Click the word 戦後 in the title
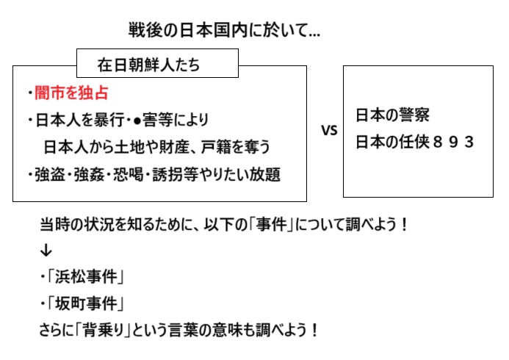point(140,30)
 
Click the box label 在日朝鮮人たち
point(148,64)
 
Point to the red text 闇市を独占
point(71,93)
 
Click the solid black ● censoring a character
point(137,120)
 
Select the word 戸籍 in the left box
point(215,147)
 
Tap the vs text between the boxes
point(330,131)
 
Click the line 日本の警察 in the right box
point(392,115)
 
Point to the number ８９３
point(453,143)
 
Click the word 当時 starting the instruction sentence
point(54,224)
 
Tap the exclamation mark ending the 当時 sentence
point(404,224)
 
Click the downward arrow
point(46,251)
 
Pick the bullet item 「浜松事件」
point(86,277)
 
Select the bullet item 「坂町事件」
point(86,304)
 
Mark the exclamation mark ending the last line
point(314,330)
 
